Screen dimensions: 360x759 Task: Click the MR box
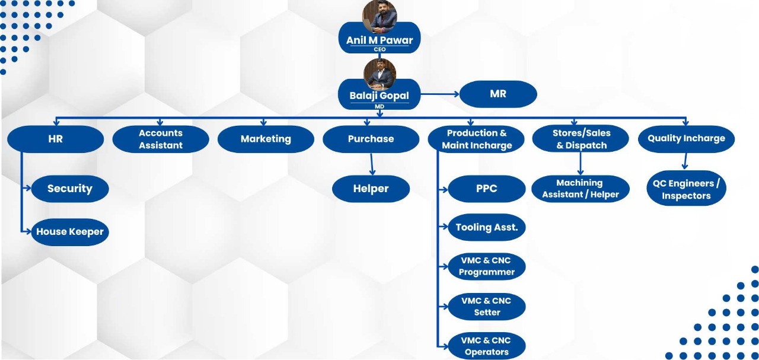[498, 94]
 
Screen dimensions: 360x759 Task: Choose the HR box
[55, 139]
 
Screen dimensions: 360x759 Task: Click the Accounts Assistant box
[161, 139]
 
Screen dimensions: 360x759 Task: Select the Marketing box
[266, 139]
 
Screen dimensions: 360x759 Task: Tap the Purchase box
[371, 139]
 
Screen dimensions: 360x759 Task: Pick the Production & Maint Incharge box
[477, 139]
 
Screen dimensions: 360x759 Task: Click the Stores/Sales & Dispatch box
[582, 139]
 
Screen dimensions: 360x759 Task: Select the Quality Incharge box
[686, 139]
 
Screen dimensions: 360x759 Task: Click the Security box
[70, 189]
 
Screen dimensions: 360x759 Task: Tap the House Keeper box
[70, 232]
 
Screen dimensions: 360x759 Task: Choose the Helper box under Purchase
[371, 189]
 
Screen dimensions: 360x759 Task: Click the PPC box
[486, 189]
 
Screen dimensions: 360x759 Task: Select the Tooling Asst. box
[486, 228]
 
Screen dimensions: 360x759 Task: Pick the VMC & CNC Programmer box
[486, 267]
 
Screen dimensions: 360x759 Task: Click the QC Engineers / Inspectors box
[686, 190]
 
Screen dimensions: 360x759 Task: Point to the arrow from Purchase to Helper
[372, 164]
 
